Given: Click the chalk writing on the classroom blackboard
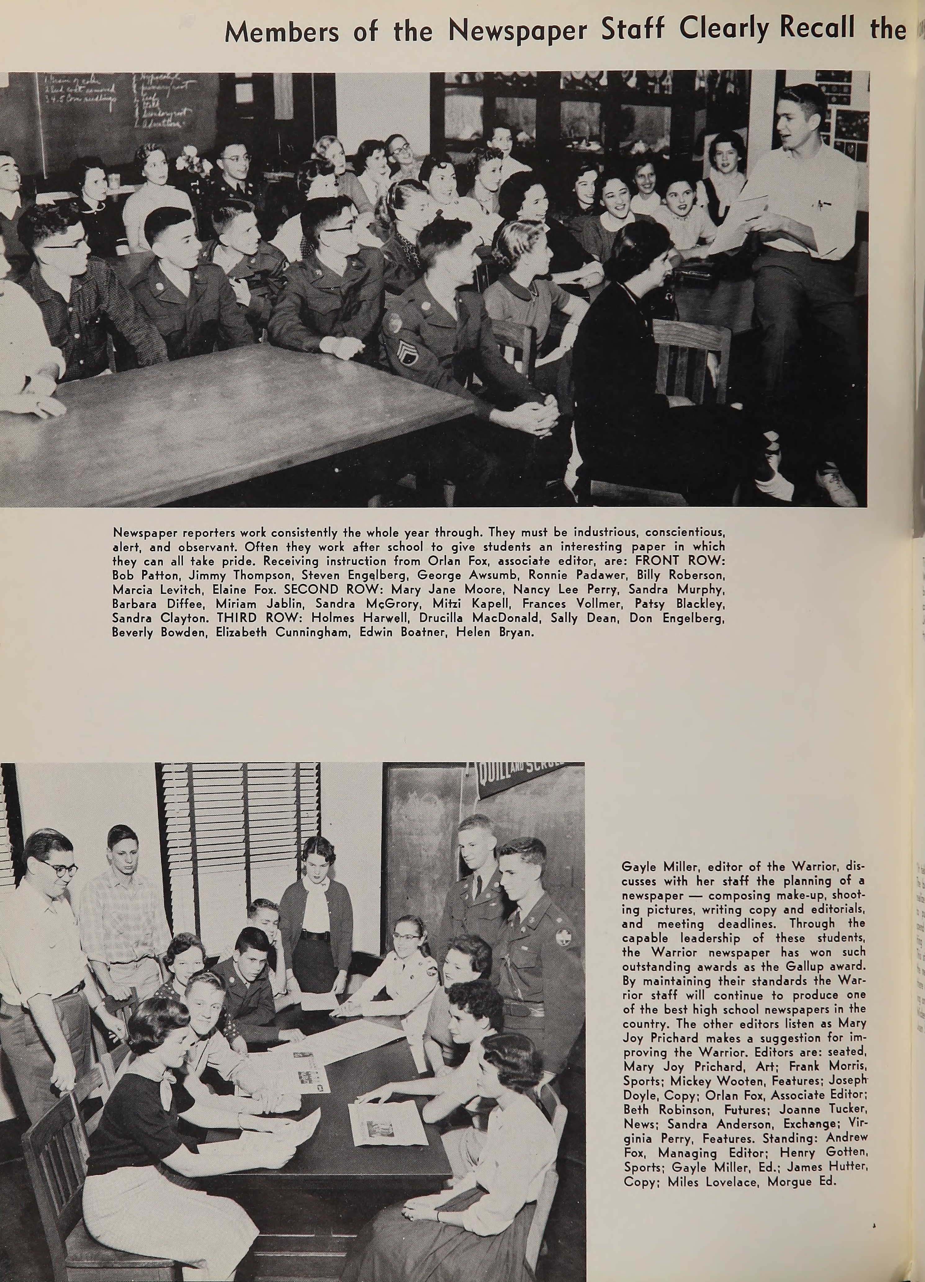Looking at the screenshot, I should tap(113, 102).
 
